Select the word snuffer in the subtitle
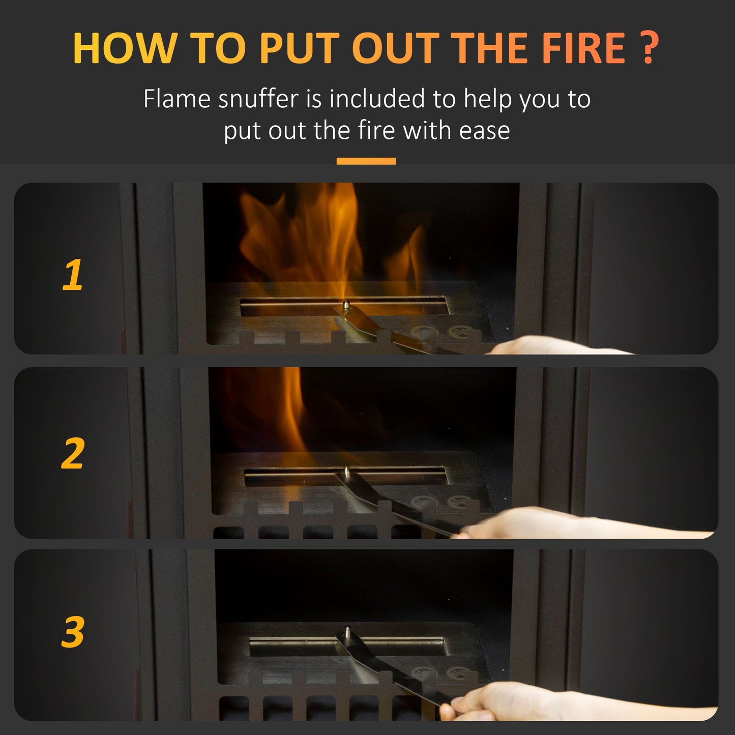[258, 99]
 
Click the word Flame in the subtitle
[177, 99]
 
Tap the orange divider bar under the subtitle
[366, 161]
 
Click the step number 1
[73, 275]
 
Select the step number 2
[73, 453]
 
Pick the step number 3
[73, 632]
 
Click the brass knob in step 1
[346, 305]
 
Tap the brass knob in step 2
[346, 472]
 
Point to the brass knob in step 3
[347, 632]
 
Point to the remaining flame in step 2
[292, 412]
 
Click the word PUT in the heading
[299, 48]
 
